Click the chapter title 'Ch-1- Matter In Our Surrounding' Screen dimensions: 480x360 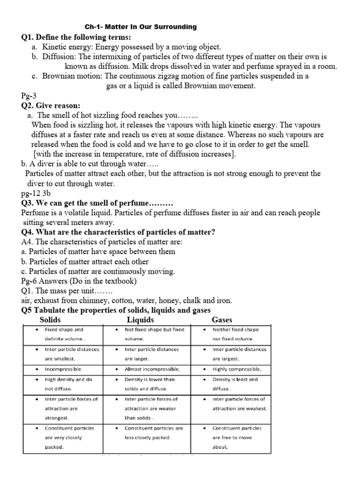[140, 27]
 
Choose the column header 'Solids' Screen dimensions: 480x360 [51, 320]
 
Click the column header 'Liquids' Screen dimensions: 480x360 [140, 320]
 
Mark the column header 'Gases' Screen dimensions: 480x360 [222, 320]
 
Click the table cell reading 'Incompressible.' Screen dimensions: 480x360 [63, 369]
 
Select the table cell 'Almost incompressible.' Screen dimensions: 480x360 [152, 369]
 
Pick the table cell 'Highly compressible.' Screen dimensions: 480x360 [237, 369]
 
